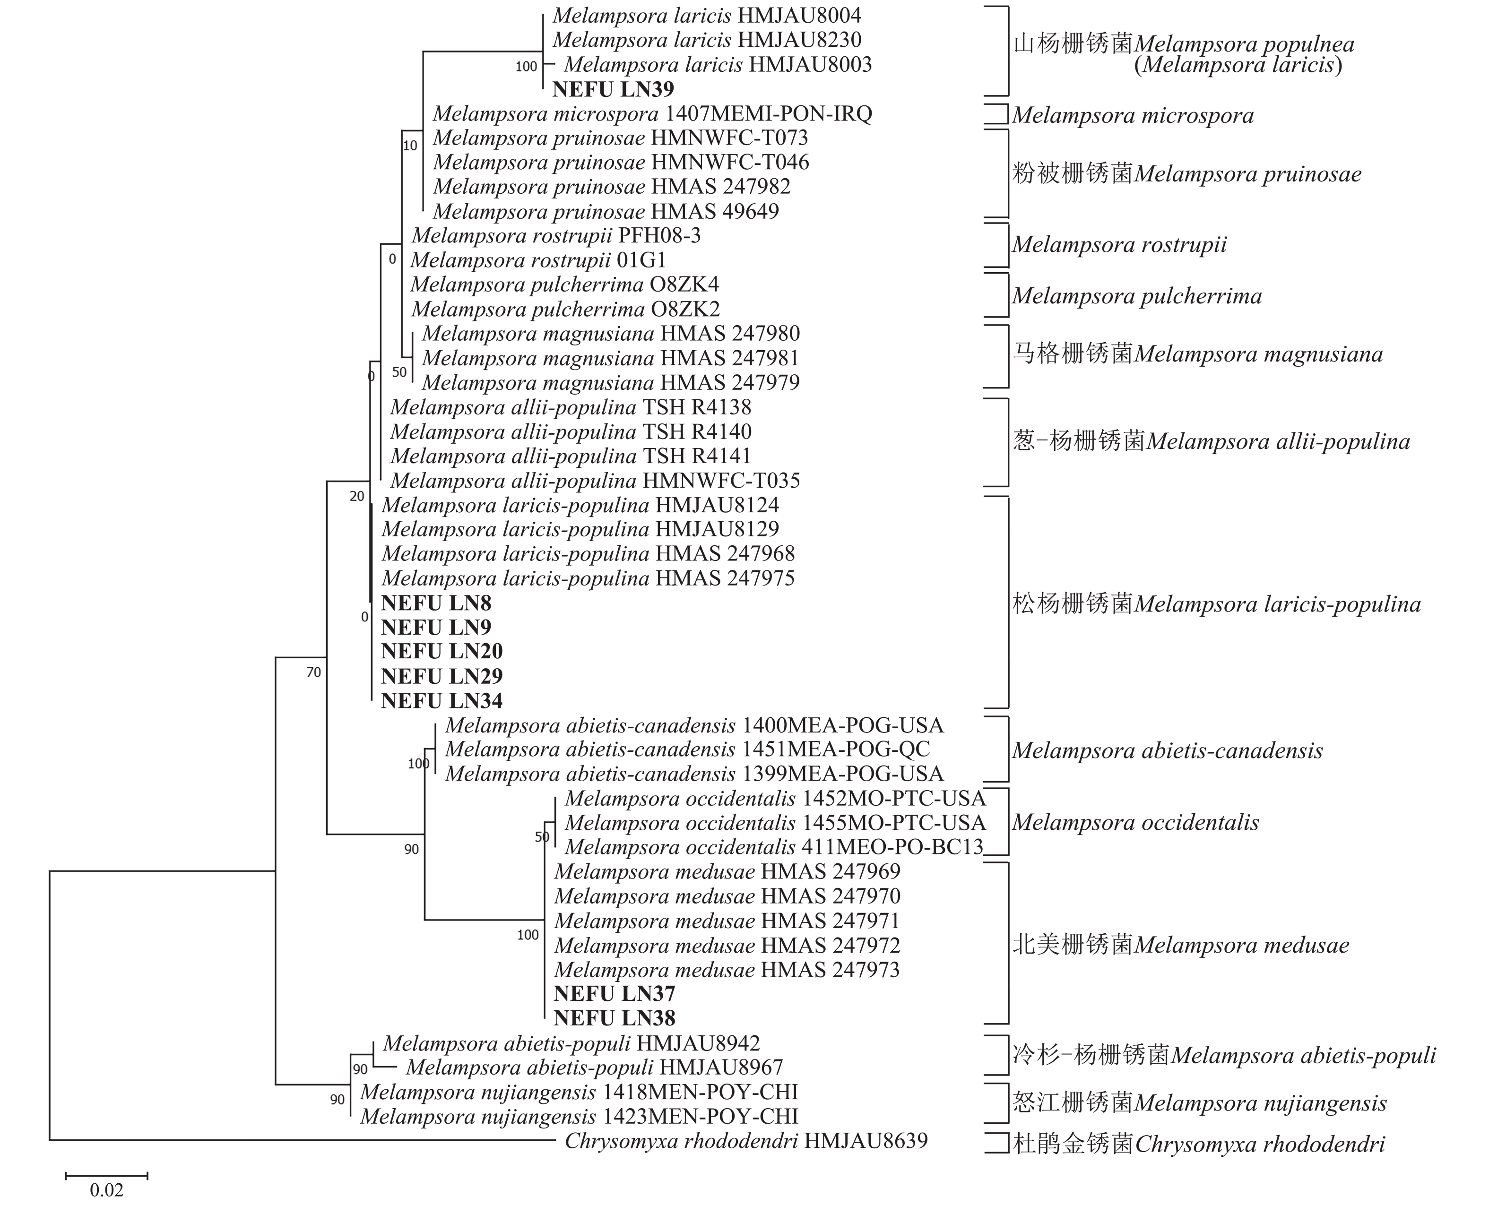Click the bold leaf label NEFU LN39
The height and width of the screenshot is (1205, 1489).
(613, 89)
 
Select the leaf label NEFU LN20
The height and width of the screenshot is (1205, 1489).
(442, 652)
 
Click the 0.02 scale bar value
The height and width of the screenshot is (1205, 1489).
(106, 1190)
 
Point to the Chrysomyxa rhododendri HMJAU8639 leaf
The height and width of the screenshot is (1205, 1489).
(745, 1141)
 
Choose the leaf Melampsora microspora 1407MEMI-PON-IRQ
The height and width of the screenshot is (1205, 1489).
(652, 114)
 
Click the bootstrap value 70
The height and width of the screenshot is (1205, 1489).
(314, 672)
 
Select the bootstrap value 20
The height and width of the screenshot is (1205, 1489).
(357, 496)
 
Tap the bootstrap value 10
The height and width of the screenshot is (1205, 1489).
(410, 146)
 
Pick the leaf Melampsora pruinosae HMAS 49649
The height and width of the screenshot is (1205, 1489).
(606, 212)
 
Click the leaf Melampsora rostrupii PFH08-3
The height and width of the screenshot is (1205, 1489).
(555, 236)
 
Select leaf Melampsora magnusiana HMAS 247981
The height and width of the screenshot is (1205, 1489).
(610, 358)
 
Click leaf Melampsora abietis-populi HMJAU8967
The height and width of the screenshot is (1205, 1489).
(594, 1067)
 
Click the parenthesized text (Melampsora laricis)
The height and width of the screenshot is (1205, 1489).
(1238, 65)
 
